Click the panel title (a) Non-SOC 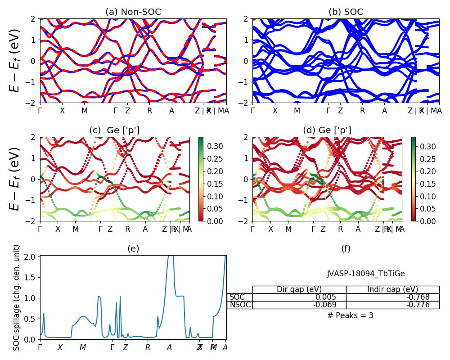[x=133, y=12]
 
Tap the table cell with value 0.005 [x=299, y=297]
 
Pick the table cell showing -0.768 [x=392, y=297]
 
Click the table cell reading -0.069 [x=299, y=305]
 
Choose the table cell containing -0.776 [x=392, y=305]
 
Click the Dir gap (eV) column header [x=299, y=289]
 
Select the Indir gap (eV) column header [x=392, y=289]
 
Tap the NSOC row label [x=240, y=305]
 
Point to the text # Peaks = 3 [x=350, y=315]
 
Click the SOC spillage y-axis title [x=17, y=297]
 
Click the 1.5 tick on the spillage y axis [x=30, y=277]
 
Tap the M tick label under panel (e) [x=82, y=347]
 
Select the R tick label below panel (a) [x=149, y=111]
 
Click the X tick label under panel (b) [x=275, y=111]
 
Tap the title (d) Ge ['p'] [x=327, y=130]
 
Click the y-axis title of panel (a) [x=16, y=61]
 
